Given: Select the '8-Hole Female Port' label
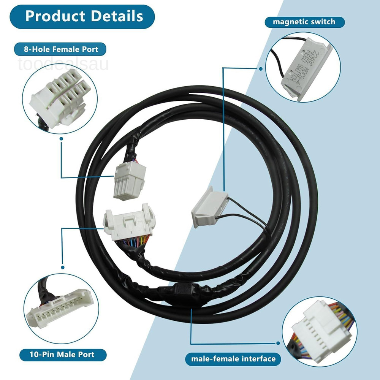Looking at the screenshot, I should pyautogui.click(x=60, y=49).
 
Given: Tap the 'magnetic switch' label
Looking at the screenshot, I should pyautogui.click(x=304, y=22).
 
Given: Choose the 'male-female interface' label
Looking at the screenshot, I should pyautogui.click(x=233, y=358).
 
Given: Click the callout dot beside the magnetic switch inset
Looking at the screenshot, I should pyautogui.click(x=260, y=69).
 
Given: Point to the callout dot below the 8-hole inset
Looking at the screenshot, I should pyautogui.click(x=61, y=139).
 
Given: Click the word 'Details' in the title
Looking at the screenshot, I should pyautogui.click(x=116, y=17).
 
